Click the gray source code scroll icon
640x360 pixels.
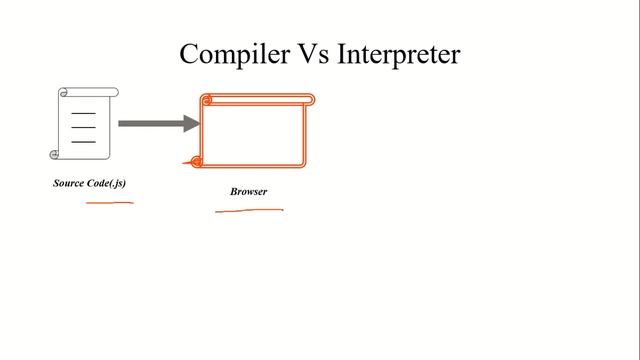click(x=85, y=123)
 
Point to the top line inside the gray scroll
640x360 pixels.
click(x=84, y=114)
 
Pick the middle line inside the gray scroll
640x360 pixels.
click(x=84, y=128)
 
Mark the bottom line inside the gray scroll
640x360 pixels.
click(x=84, y=142)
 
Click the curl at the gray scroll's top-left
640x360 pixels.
click(x=64, y=93)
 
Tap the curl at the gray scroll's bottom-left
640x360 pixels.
click(x=55, y=154)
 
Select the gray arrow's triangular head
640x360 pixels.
click(x=192, y=123)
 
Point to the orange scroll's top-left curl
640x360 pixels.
click(x=207, y=99)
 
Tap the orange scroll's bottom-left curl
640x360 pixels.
click(x=196, y=161)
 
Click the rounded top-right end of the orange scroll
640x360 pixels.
click(x=310, y=99)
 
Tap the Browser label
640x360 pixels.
click(x=249, y=191)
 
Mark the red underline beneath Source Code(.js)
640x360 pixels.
click(x=109, y=203)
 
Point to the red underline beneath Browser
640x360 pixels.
click(x=249, y=211)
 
